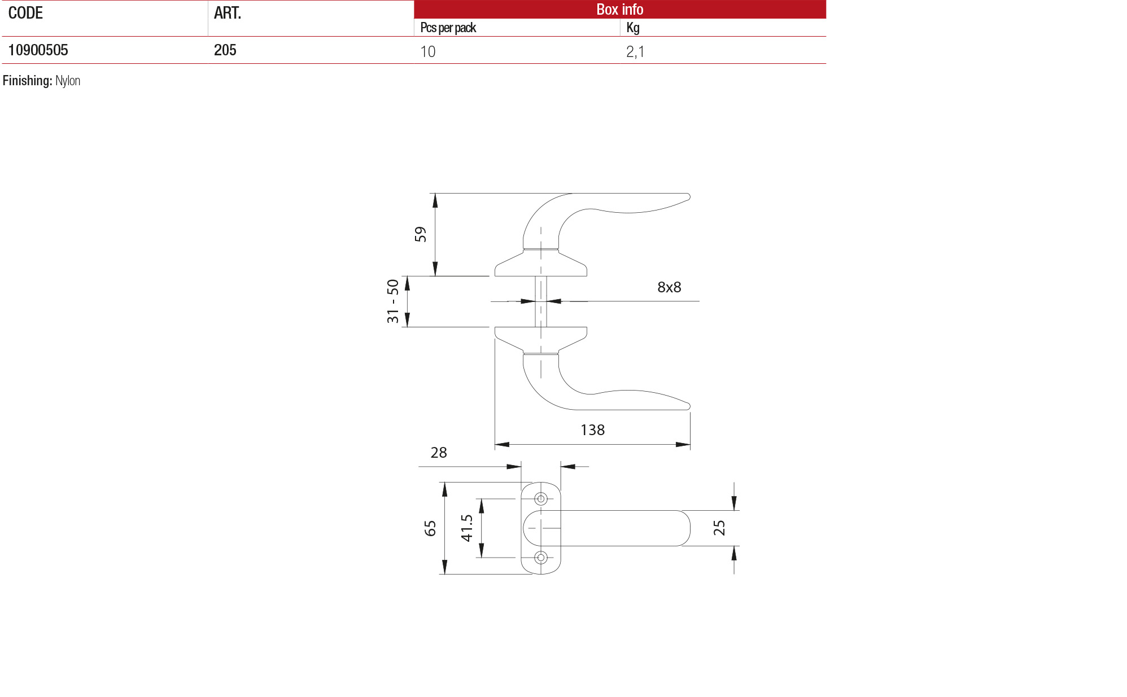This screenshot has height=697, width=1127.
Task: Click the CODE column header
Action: click(25, 13)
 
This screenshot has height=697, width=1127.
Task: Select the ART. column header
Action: click(227, 13)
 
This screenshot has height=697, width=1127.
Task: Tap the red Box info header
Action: click(619, 9)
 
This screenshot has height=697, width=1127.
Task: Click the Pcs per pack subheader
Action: click(448, 28)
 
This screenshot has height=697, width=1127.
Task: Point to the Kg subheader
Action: click(632, 28)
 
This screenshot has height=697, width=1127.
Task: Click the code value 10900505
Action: click(38, 50)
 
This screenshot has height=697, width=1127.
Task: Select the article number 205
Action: click(225, 50)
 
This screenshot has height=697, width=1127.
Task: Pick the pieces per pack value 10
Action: click(427, 52)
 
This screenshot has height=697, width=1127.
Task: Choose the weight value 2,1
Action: click(635, 52)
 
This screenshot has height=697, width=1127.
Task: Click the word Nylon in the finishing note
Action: click(68, 81)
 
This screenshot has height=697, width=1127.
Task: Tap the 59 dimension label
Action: click(420, 234)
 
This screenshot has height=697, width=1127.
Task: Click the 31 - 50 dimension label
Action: click(392, 301)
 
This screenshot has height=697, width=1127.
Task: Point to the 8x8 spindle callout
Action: click(669, 287)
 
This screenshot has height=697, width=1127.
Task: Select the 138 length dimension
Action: click(592, 430)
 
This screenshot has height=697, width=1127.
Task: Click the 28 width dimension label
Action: click(438, 453)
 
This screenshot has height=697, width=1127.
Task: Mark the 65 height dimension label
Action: click(430, 528)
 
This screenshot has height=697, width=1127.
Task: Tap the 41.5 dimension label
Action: click(466, 528)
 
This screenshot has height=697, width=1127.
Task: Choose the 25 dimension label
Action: click(719, 528)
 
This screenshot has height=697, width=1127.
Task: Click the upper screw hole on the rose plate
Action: click(541, 499)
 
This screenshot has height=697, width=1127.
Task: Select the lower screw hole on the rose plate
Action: click(541, 558)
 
